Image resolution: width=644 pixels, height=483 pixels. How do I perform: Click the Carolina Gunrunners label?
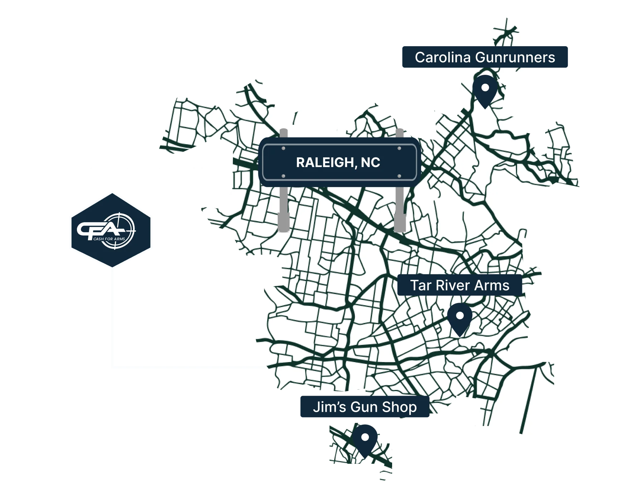pos(485,57)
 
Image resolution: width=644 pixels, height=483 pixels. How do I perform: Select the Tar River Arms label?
pos(459,286)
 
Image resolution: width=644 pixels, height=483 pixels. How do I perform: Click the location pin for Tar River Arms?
pos(460,318)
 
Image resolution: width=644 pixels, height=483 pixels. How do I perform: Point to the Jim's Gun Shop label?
pos(365,407)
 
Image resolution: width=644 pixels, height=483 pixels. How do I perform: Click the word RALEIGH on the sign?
pos(323,162)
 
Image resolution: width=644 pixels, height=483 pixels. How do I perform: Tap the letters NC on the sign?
pos(370,162)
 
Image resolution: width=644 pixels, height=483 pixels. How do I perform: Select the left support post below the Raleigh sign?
pos(284,211)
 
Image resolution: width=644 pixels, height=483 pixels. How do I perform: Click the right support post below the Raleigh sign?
pos(400,211)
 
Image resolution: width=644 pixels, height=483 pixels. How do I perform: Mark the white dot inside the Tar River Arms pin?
pos(460,316)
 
